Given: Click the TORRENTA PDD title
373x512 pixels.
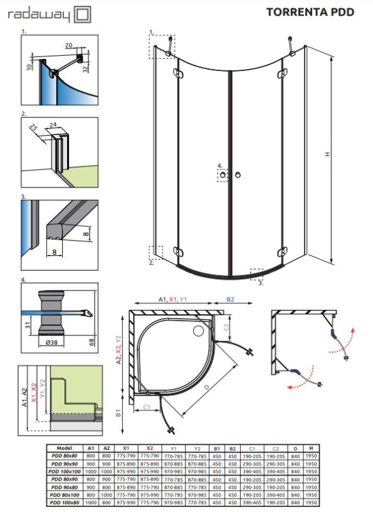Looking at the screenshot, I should tap(310, 12).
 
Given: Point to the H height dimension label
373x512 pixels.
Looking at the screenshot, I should tap(326, 154).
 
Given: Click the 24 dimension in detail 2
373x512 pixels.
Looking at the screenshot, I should tap(54, 125).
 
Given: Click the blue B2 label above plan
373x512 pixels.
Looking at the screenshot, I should tap(232, 298).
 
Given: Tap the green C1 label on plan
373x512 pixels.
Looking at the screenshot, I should tap(146, 406).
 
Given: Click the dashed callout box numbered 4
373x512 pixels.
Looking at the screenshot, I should tap(222, 174).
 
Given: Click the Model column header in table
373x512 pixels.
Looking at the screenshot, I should tap(64, 448).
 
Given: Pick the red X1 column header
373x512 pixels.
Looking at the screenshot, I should tap(126, 448).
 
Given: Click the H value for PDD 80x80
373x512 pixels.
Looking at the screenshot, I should tap(310, 456).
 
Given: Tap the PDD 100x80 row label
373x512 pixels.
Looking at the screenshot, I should tap(64, 500).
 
